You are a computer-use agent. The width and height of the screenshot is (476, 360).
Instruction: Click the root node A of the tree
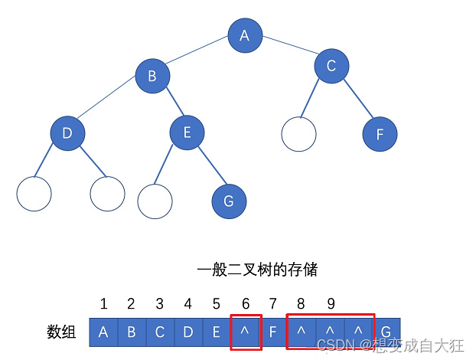245,35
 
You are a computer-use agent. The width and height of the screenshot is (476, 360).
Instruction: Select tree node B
152,76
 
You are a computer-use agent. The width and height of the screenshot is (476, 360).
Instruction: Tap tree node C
331,66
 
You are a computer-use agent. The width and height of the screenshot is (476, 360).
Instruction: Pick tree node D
67,134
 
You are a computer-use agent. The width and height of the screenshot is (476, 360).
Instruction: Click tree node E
187,133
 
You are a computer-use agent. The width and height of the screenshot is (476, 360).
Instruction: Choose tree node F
380,135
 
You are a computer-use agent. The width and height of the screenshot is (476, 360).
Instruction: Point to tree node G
229,201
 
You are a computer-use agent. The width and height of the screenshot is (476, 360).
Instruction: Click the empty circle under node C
299,134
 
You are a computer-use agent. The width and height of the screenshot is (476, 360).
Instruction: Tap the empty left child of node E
155,201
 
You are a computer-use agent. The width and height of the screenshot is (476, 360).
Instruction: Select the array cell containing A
103,332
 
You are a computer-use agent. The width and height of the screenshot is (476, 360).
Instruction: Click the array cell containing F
274,332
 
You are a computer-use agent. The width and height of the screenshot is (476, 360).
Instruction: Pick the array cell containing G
386,332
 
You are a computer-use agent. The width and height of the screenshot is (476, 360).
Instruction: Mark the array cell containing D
188,332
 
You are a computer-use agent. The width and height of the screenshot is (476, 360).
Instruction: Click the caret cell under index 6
246,332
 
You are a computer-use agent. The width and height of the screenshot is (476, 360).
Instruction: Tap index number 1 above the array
103,304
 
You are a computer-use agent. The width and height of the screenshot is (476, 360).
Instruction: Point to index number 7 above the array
274,304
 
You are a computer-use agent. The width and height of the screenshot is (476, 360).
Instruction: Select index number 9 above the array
331,304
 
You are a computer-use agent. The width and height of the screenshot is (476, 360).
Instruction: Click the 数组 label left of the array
62,332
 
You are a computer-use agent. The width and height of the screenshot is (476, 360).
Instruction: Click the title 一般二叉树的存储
257,270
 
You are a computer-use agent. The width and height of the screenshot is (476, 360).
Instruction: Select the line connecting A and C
288,51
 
